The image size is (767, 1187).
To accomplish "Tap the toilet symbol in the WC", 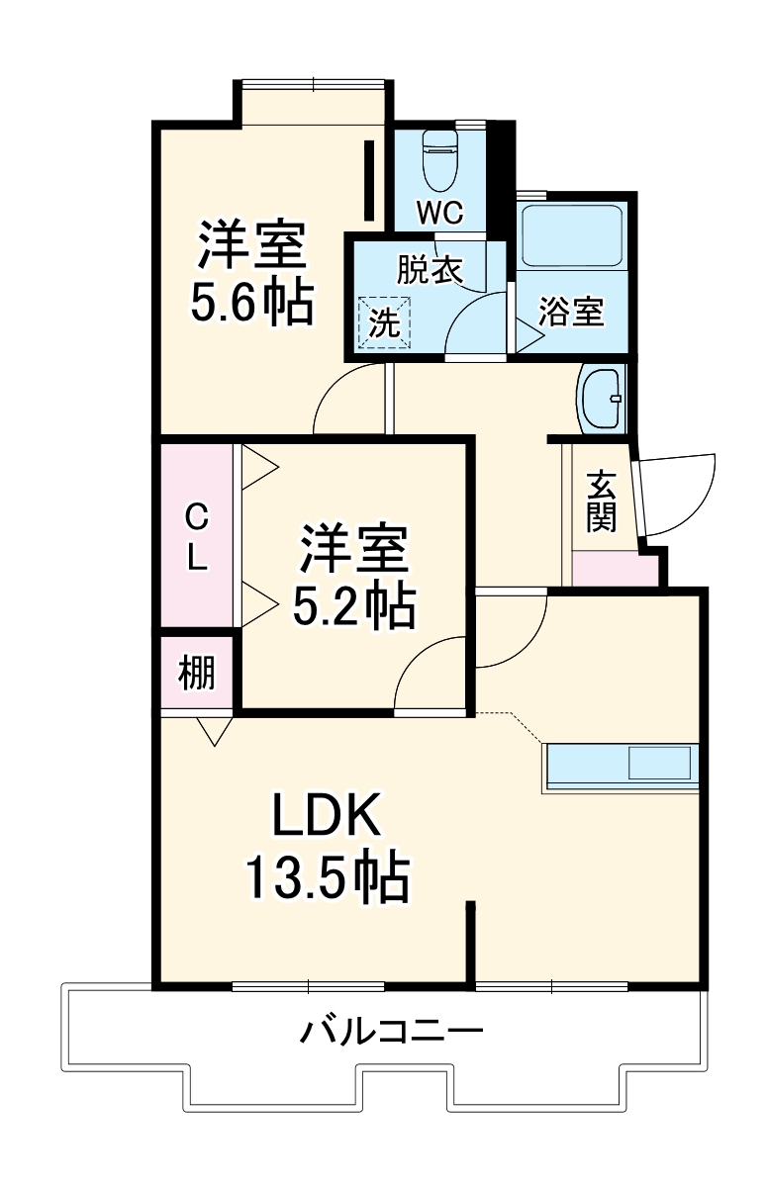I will [439, 160].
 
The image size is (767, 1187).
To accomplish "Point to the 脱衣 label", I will [430, 271].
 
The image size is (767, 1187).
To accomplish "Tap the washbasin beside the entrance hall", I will [601, 400].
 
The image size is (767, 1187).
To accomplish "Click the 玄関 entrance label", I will [601, 502].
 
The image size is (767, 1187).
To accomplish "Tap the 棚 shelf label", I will [196, 674].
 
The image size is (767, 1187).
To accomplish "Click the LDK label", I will [327, 818].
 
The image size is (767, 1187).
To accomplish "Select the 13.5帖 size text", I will [327, 876].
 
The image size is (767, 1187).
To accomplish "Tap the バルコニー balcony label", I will [392, 1034].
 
